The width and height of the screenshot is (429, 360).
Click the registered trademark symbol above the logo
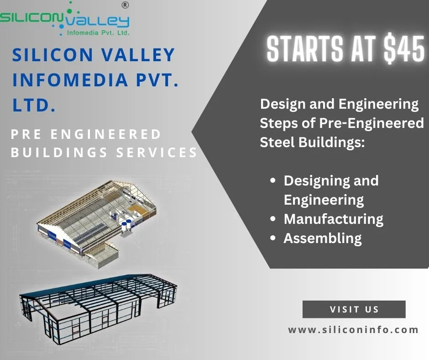(x=125, y=5)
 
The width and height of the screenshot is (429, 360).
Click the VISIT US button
(x=354, y=309)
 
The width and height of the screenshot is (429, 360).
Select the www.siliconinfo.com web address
(x=353, y=329)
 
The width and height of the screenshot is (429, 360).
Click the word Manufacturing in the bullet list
(x=333, y=219)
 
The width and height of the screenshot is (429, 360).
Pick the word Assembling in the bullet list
(x=323, y=238)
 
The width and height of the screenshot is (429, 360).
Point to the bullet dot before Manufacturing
(x=272, y=219)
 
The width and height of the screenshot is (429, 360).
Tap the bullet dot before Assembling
(x=272, y=238)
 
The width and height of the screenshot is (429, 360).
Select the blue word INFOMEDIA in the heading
(x=70, y=80)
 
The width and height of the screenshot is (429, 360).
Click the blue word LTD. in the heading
(x=34, y=105)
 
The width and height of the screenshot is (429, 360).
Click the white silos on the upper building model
(x=127, y=226)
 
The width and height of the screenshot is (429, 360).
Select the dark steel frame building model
(x=98, y=308)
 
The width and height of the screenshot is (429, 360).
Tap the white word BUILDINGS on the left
(x=59, y=153)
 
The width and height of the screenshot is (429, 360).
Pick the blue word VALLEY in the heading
(x=138, y=55)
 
